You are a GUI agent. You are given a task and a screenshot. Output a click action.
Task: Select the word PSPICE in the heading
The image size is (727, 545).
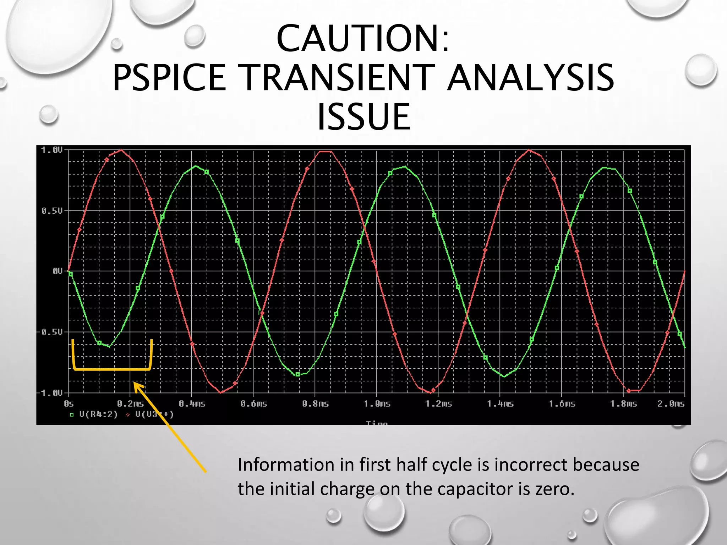coord(169,77)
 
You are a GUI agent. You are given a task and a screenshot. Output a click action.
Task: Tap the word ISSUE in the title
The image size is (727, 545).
coord(363,117)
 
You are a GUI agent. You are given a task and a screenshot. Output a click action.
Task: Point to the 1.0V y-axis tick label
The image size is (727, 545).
coord(52,150)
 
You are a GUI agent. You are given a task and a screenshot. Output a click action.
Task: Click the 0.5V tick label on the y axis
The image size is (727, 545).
coord(52,211)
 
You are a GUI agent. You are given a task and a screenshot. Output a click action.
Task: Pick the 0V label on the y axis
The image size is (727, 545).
coord(57,271)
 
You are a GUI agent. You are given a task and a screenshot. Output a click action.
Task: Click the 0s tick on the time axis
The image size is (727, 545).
coord(69,404)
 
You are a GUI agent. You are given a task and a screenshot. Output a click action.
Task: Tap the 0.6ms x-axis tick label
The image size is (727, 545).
coord(254,404)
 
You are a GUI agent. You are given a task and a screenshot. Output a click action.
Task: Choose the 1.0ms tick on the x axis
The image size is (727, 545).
coord(377,404)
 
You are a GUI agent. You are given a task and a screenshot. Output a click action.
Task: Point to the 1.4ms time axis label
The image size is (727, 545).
coord(500,404)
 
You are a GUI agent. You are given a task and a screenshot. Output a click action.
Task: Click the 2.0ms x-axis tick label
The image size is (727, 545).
coord(671,404)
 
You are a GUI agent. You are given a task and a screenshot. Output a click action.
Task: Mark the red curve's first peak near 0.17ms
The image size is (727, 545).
coord(122,150)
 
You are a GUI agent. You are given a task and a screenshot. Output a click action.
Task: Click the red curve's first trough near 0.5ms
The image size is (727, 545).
coord(221,392)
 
